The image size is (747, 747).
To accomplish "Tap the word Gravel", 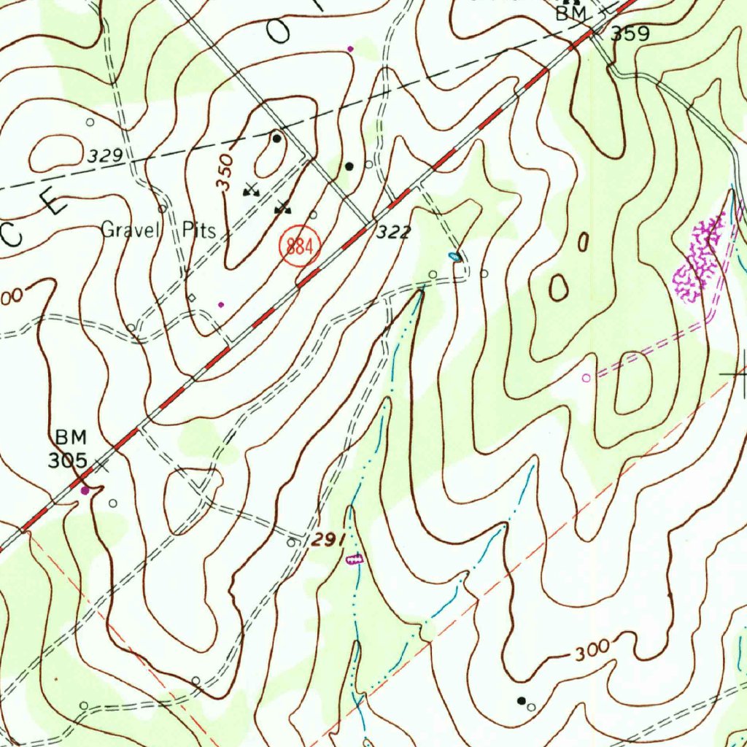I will (130, 231).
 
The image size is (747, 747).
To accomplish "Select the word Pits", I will (199, 231).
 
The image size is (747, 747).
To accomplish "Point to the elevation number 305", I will (68, 460).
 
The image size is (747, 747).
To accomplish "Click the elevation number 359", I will (630, 34).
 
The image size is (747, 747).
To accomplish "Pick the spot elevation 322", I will (395, 233).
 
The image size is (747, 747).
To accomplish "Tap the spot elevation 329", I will (105, 156).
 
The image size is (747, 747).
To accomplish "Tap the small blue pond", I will (454, 256).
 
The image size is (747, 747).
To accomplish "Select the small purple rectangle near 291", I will (354, 560).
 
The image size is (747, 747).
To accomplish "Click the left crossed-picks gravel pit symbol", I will (251, 188).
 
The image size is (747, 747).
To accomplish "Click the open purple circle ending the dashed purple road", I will (586, 378).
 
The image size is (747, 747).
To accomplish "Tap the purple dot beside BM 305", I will (85, 491).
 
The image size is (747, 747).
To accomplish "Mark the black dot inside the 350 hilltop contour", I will (276, 138).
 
